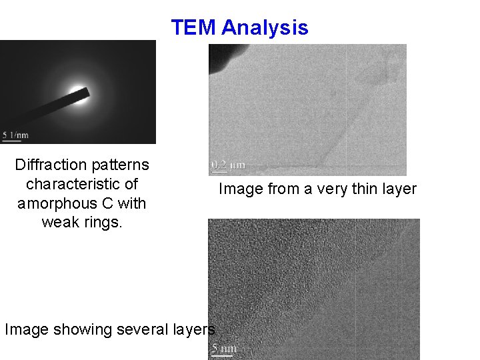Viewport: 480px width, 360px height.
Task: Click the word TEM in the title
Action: (x=194, y=28)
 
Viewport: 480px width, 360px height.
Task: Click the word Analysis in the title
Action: (x=265, y=28)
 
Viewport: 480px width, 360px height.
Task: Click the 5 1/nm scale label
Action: (x=15, y=133)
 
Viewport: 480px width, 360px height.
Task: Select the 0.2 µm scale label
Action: (x=228, y=164)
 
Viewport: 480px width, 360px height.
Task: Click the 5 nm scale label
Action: (x=224, y=348)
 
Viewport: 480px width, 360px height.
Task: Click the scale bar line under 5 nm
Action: (x=222, y=355)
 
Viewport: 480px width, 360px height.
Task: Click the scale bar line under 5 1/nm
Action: (x=15, y=139)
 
